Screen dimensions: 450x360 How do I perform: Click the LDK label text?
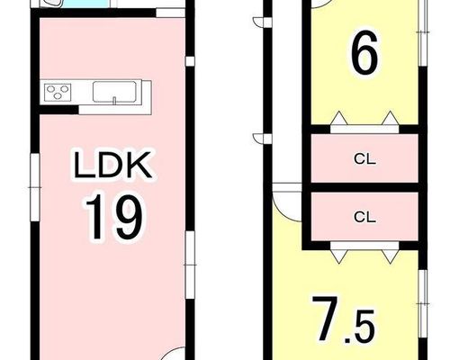pyautogui.click(x=112, y=165)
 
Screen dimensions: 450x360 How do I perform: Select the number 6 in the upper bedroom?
pyautogui.click(x=364, y=53)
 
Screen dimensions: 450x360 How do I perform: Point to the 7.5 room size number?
pyautogui.click(x=344, y=319)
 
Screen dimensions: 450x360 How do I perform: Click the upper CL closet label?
pyautogui.click(x=364, y=159)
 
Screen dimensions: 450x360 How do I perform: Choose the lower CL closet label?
pyautogui.click(x=364, y=217)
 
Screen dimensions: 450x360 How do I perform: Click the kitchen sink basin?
pyautogui.click(x=114, y=92)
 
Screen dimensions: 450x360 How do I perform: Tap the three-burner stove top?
pyautogui.click(x=58, y=92)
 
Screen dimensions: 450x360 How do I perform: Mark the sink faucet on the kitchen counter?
pyautogui.click(x=114, y=101)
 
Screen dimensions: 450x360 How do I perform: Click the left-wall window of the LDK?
pyautogui.click(x=35, y=187)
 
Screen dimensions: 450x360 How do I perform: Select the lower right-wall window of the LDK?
pyautogui.click(x=190, y=265)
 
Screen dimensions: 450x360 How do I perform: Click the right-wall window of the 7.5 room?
pyautogui.click(x=423, y=304)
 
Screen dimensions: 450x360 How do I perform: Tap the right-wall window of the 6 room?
pyautogui.click(x=423, y=32)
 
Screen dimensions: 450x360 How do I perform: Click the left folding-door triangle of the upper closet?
pyautogui.click(x=338, y=118)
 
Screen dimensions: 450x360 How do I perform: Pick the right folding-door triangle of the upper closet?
pyautogui.click(x=391, y=118)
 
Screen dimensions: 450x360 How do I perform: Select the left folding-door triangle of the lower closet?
pyautogui.click(x=338, y=256)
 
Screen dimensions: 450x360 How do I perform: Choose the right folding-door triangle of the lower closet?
pyautogui.click(x=391, y=256)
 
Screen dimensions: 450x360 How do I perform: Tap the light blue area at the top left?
pyautogui.click(x=86, y=4)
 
